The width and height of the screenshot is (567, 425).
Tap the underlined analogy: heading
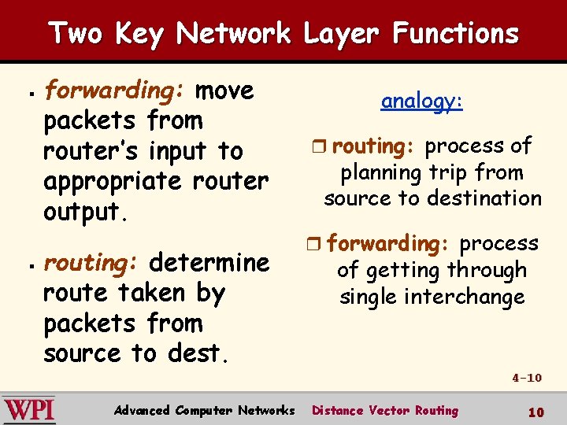[x=422, y=102]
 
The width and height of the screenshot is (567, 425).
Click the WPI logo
[x=29, y=409]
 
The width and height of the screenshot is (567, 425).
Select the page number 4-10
[x=527, y=378]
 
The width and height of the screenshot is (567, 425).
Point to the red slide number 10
[x=535, y=412]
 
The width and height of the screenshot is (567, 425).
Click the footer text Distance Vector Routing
[x=385, y=410]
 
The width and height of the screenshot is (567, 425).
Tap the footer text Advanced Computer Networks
[x=204, y=410]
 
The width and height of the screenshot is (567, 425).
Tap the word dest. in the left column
[x=198, y=353]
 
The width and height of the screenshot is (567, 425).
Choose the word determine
[x=209, y=262]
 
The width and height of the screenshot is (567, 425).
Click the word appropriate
[x=113, y=182]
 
